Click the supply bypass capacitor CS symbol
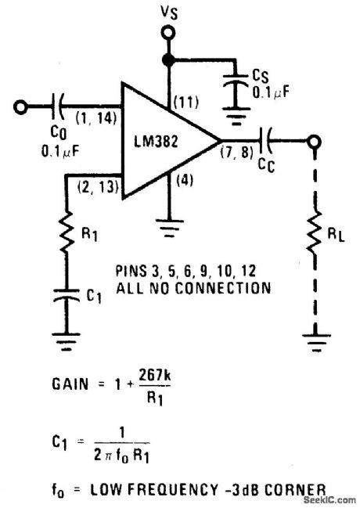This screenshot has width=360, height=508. point(233,85)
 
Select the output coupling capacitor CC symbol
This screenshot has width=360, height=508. point(267,142)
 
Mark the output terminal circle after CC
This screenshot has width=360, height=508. point(315,142)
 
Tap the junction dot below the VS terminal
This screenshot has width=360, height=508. point(166,59)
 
